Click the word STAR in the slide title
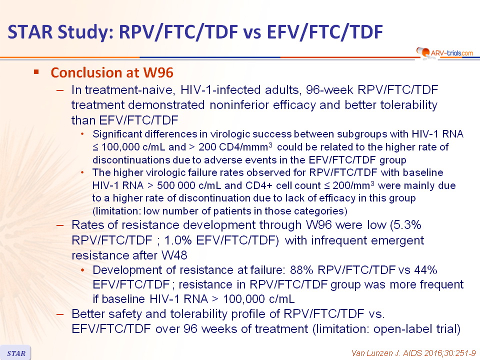coord(30,32)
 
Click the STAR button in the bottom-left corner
coord(15,353)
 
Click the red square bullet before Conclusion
coord(36,72)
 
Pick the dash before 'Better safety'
coord(60,314)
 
